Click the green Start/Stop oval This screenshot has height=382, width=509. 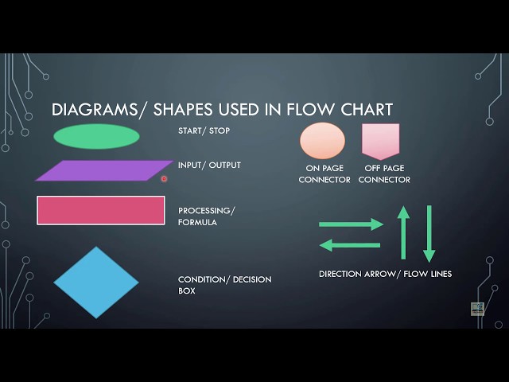96,137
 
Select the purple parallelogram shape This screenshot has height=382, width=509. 103,170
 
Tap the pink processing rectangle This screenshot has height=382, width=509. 101,210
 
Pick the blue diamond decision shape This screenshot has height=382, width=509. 96,283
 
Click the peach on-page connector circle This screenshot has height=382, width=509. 322,141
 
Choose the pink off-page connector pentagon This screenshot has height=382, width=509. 380,140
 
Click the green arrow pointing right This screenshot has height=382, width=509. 351,224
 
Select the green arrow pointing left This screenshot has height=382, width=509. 351,245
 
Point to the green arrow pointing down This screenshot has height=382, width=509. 429,233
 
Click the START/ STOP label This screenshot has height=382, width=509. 204,131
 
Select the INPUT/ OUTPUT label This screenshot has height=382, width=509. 209,165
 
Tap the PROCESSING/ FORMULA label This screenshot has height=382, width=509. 206,216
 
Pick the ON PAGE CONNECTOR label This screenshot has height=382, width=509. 324,174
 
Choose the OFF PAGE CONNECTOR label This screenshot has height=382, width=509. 384,174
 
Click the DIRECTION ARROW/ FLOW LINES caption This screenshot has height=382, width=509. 385,274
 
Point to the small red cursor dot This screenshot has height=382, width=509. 164,179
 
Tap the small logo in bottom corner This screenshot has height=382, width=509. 477,309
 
